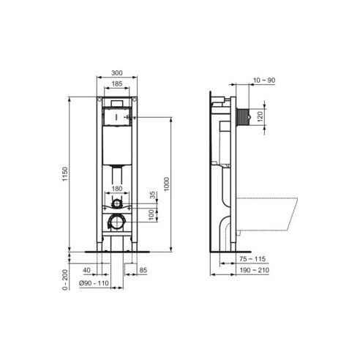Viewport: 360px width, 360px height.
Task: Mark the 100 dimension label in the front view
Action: (153, 214)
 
